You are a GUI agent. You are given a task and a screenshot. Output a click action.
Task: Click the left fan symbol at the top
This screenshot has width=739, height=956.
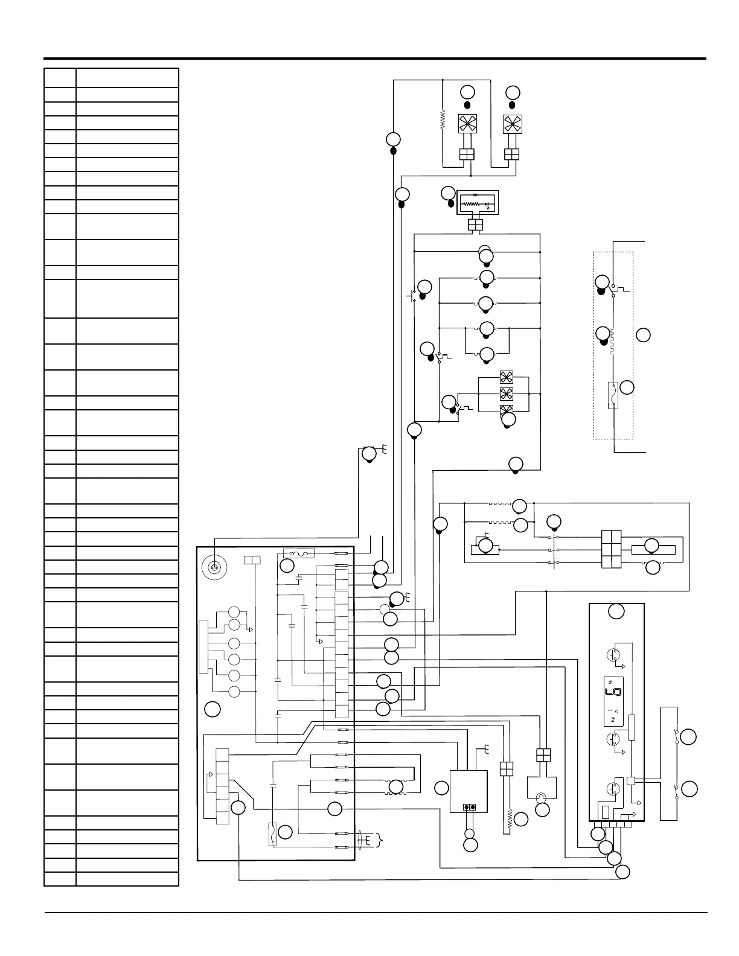click(x=467, y=124)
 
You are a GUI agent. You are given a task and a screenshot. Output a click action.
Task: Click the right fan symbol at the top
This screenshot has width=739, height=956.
click(x=512, y=124)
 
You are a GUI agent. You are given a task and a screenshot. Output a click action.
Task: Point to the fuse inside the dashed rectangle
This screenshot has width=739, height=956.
click(x=613, y=395)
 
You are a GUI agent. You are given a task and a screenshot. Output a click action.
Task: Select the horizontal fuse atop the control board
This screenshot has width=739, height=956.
click(x=299, y=553)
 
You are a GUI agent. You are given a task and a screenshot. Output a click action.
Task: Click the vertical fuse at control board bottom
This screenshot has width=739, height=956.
click(x=274, y=833)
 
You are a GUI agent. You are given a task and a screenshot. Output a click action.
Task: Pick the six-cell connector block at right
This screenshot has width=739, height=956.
click(x=612, y=549)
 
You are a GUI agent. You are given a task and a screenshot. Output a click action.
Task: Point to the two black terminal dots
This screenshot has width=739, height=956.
click(x=469, y=808)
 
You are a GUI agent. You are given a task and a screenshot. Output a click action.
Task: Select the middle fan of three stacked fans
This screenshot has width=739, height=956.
click(x=506, y=394)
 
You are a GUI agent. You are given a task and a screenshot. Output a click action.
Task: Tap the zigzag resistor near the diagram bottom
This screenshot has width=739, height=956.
click(x=510, y=819)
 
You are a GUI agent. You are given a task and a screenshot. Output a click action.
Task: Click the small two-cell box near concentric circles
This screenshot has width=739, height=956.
click(x=252, y=560)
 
